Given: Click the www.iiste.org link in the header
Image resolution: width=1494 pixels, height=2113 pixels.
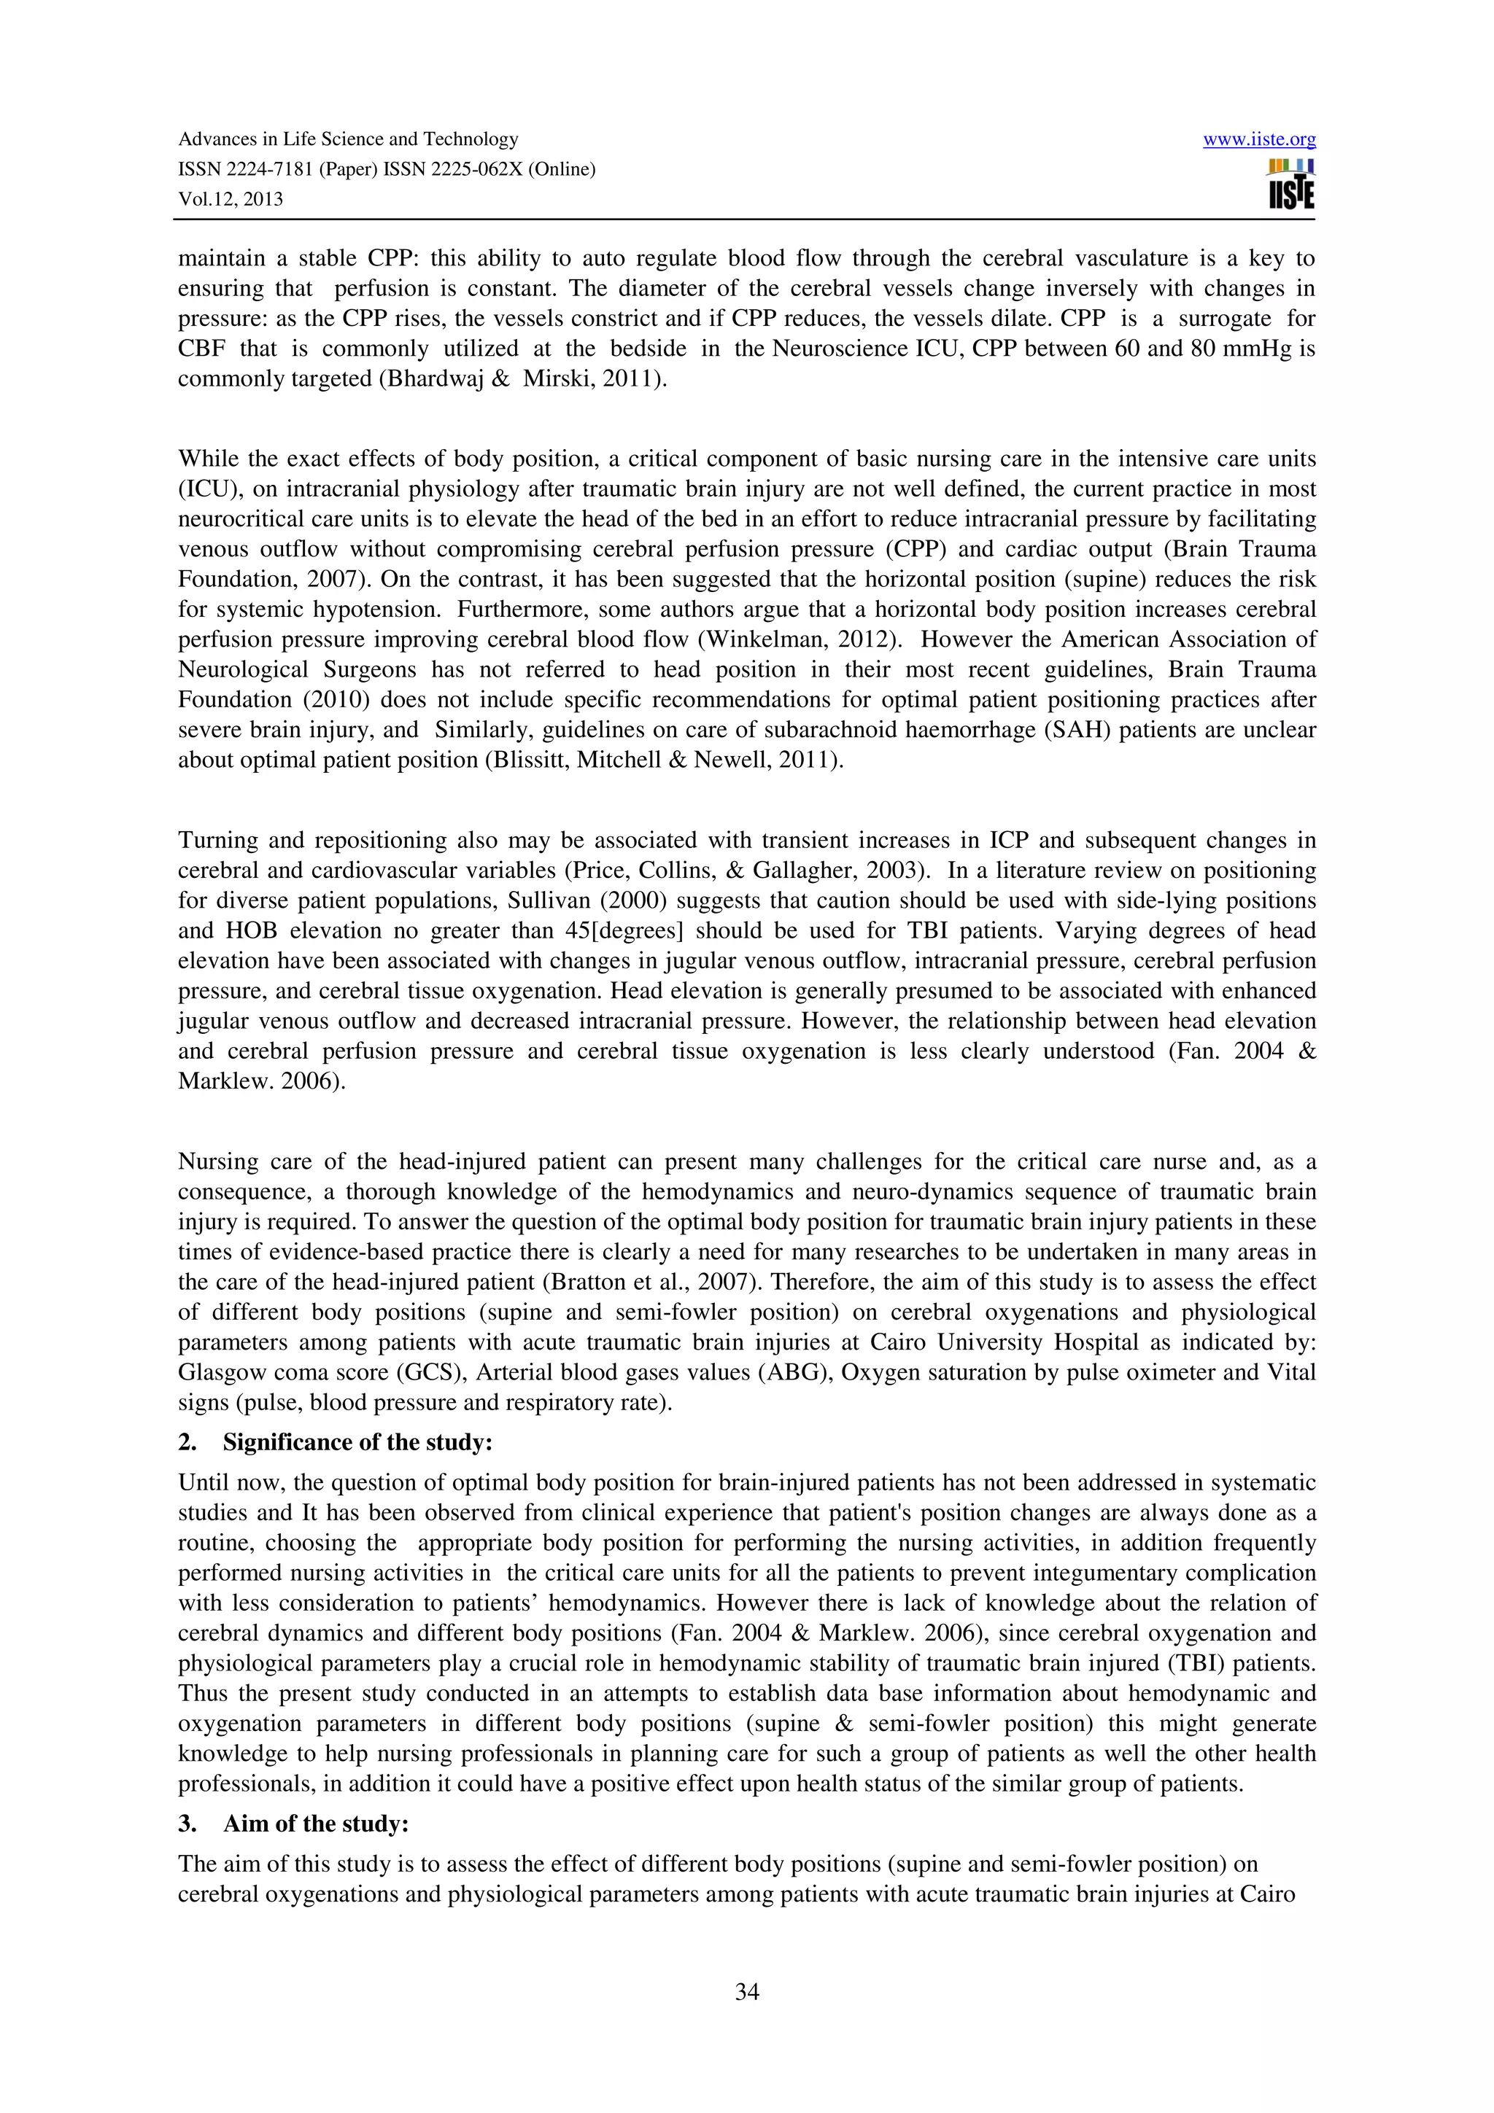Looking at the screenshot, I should coord(1258,140).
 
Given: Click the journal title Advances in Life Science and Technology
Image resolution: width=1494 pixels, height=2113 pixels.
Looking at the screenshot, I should coord(348,139).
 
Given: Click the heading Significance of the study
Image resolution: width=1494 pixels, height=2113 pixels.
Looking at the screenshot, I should coord(357,1442).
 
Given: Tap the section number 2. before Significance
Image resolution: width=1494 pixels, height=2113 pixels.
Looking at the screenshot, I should coord(187,1442).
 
